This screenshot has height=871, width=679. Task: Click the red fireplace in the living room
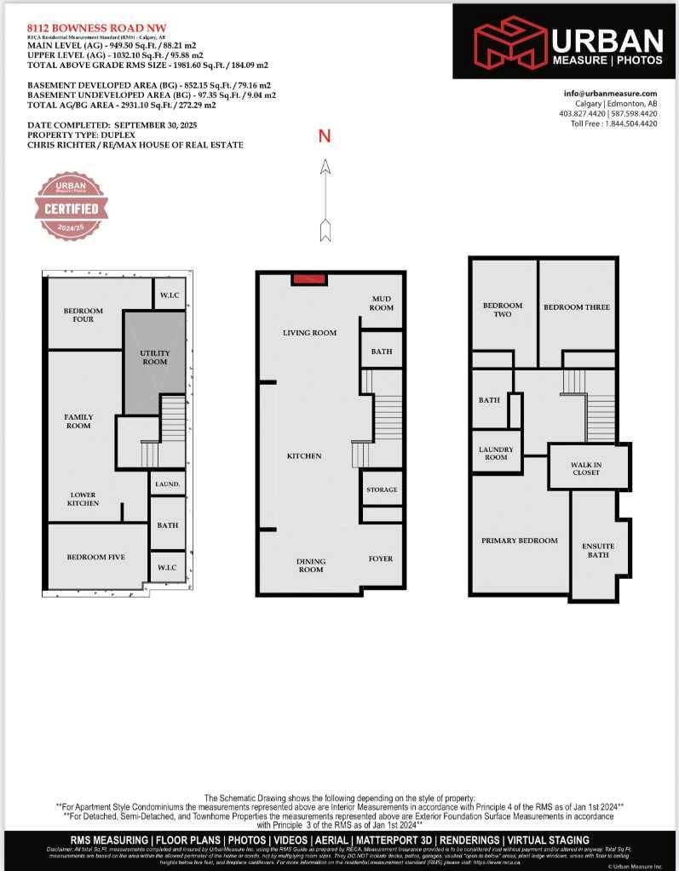[x=308, y=278]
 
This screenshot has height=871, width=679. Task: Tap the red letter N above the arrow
[x=325, y=136]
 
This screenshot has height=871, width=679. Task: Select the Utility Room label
[x=154, y=358]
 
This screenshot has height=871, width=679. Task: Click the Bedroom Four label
[x=83, y=315]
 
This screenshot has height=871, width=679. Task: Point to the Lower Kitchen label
[x=83, y=499]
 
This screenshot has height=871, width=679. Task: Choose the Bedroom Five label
[x=96, y=557]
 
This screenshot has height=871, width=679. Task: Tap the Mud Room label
[x=381, y=303]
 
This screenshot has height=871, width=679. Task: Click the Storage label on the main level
[x=382, y=490]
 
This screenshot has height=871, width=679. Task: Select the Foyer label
[x=381, y=559]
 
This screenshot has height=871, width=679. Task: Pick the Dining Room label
[x=311, y=565]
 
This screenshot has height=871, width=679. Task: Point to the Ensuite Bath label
[x=598, y=550]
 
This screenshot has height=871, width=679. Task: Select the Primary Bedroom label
[x=520, y=541]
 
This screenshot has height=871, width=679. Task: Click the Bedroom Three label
[x=577, y=307]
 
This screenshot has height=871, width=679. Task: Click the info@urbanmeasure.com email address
[x=610, y=94]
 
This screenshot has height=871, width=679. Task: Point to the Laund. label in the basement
[x=168, y=484]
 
